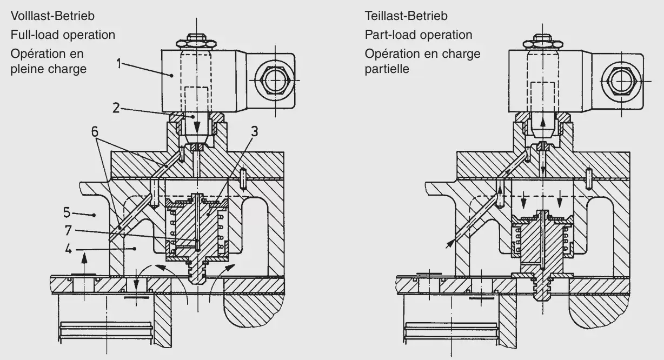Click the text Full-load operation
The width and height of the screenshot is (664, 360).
coord(63,35)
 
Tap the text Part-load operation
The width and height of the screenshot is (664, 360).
coord(418,35)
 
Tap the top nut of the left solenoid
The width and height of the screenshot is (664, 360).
coord(196,42)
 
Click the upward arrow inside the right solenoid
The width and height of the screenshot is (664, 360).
coord(542,120)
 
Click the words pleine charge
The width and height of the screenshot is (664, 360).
coord(49,69)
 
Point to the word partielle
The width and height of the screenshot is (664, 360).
coord(387,69)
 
